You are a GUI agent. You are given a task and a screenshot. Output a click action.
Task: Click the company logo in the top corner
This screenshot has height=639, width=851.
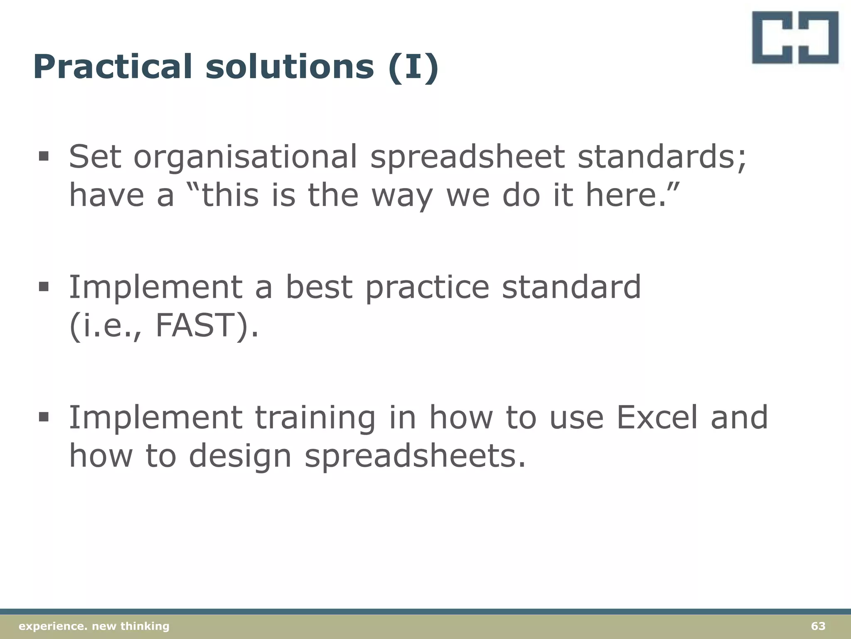click(x=795, y=37)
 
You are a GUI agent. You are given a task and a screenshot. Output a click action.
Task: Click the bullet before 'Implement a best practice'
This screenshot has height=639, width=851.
click(x=43, y=287)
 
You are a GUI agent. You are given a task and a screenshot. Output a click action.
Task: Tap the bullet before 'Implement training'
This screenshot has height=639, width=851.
click(x=43, y=417)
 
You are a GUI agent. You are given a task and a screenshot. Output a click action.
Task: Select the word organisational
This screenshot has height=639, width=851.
click(x=245, y=157)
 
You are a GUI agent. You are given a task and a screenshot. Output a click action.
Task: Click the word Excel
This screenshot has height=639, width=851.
click(x=657, y=417)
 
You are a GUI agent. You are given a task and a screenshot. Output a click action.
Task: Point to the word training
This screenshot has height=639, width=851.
click(x=315, y=417)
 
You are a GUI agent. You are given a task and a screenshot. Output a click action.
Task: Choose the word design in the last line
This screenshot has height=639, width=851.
click(x=240, y=456)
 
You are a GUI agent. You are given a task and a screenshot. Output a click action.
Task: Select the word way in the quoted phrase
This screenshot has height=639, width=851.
click(x=402, y=196)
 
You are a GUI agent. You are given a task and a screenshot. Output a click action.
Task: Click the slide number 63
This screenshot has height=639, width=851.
click(x=818, y=626)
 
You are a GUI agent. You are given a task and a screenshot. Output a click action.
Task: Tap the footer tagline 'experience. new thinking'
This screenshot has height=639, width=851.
click(x=94, y=626)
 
